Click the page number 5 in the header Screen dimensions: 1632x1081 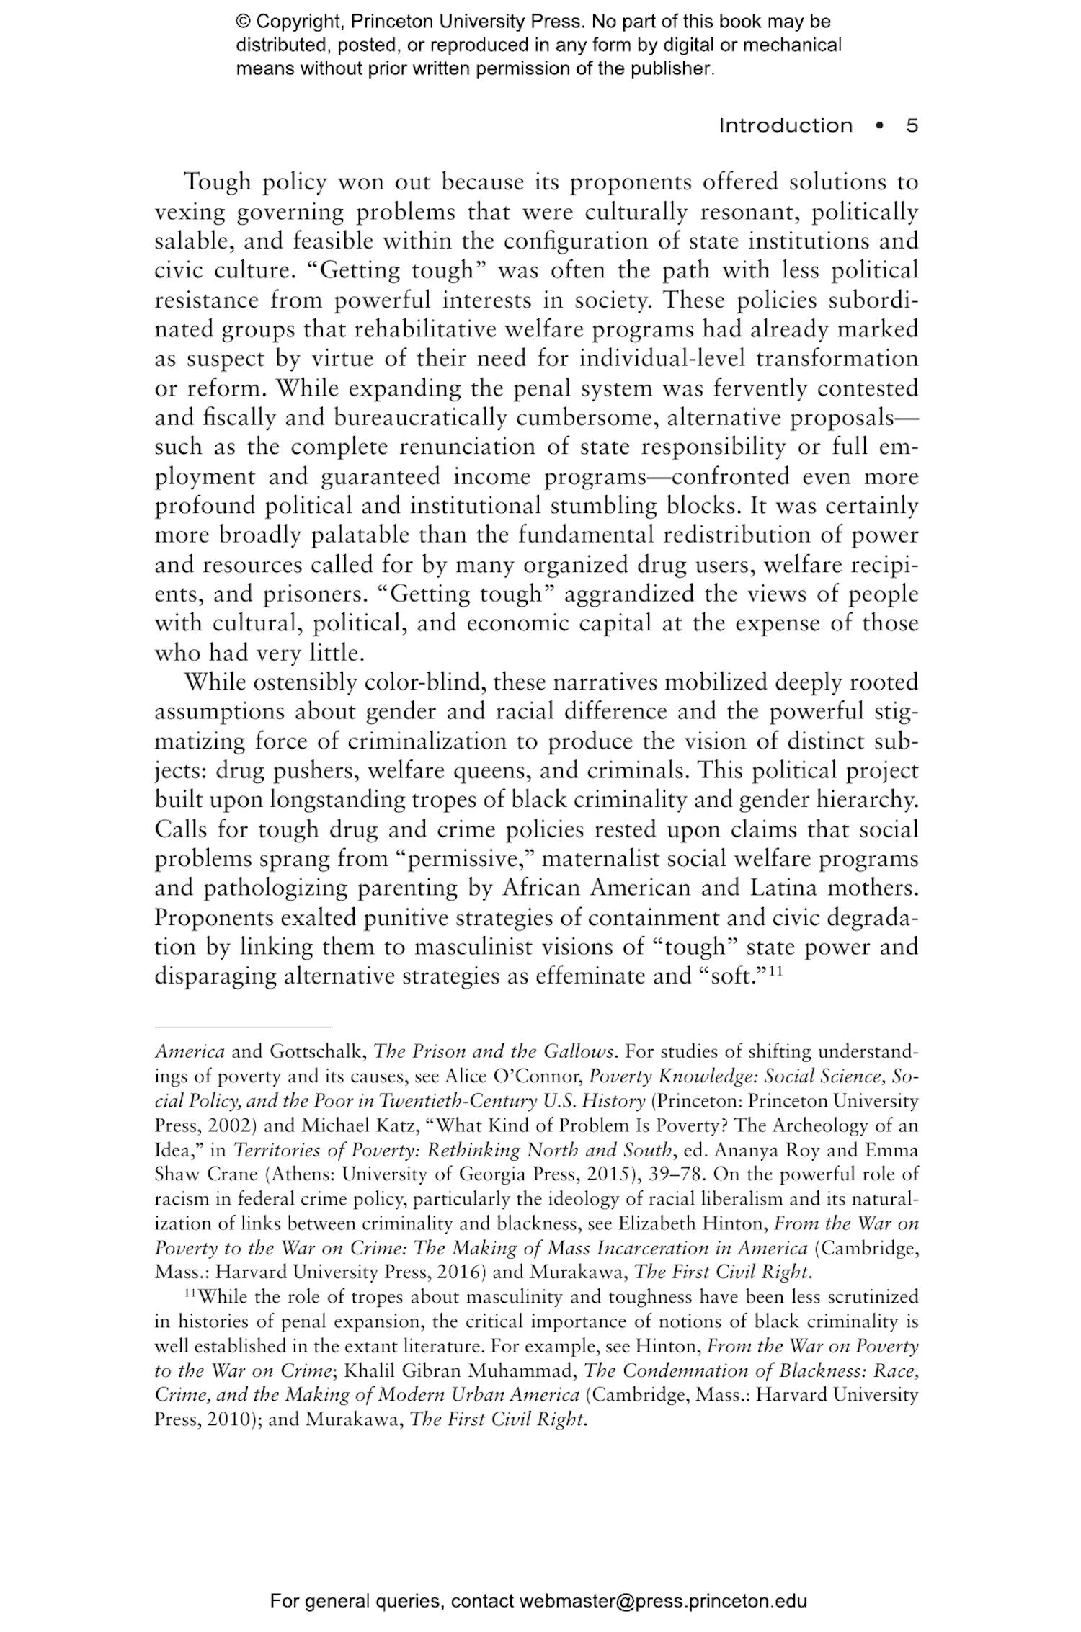pyautogui.click(x=912, y=126)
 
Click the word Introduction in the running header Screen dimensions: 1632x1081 pyautogui.click(x=786, y=126)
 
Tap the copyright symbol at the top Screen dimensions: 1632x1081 pyautogui.click(x=242, y=22)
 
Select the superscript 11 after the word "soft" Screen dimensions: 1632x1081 pyautogui.click(x=775, y=970)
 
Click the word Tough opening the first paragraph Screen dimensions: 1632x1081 pyautogui.click(x=217, y=182)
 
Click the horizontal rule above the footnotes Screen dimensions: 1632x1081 pyautogui.click(x=242, y=1026)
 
